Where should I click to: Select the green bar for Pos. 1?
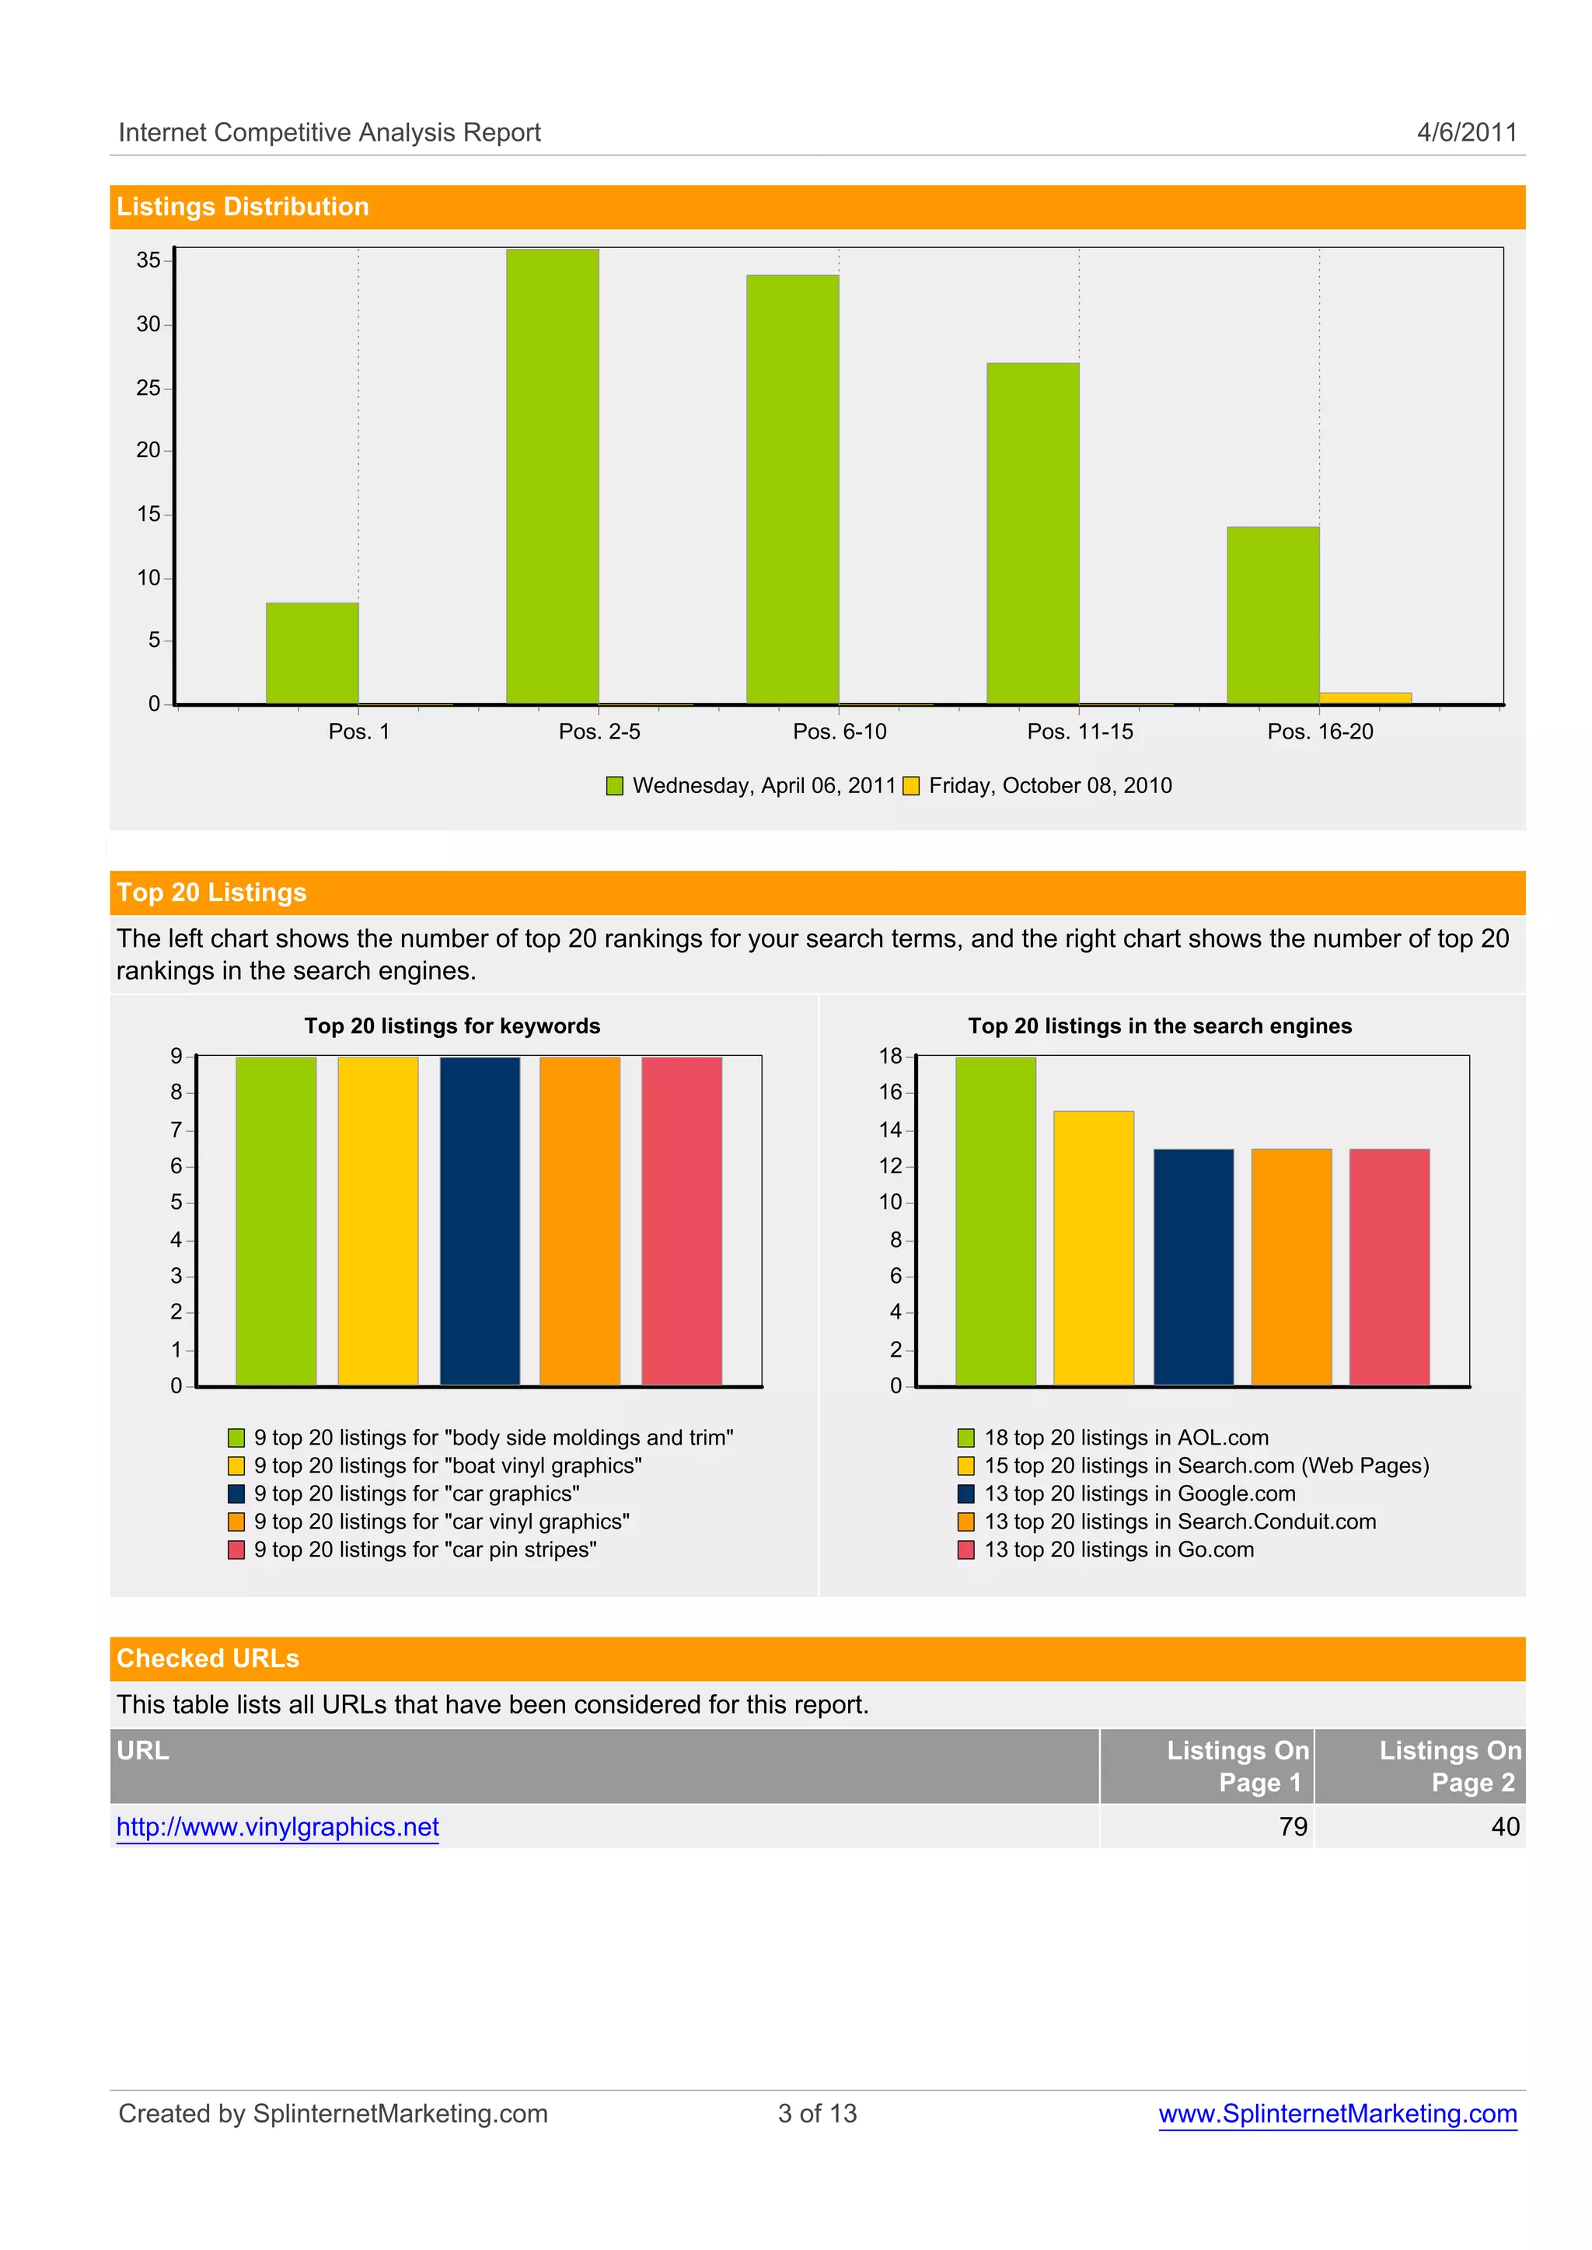312,653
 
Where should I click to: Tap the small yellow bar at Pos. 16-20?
1364,697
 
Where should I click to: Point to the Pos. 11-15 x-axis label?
1079,732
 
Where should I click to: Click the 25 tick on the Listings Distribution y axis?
148,388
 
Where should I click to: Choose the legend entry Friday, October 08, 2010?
1049,785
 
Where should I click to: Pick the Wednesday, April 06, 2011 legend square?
615,785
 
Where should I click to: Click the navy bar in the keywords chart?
480,1221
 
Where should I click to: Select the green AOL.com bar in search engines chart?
995,1221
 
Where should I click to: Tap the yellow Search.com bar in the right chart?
1093,1247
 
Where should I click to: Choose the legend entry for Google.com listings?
1139,1494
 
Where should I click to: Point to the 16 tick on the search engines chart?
890,1092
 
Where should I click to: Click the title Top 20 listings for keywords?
452,1025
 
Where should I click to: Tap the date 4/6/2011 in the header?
1467,132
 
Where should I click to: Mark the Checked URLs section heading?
208,1658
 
